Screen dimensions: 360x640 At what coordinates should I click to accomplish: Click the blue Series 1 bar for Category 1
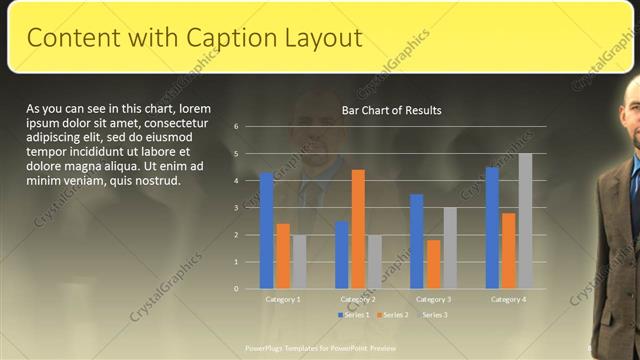(267, 230)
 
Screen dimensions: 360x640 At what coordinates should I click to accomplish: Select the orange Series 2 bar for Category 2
(358, 229)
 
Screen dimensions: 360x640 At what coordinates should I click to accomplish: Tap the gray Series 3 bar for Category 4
(525, 221)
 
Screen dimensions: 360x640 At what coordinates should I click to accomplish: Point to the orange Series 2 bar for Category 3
(433, 264)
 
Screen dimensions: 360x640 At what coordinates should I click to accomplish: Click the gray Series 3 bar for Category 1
(300, 262)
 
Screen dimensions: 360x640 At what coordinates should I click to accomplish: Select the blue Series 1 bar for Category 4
(492, 227)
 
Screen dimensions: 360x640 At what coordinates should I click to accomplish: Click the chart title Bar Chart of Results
(391, 110)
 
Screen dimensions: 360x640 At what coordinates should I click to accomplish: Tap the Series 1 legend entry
(353, 315)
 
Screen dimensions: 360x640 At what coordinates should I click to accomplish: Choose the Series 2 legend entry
(393, 315)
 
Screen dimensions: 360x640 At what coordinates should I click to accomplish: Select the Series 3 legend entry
(433, 315)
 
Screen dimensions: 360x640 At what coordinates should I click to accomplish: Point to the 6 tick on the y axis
(236, 127)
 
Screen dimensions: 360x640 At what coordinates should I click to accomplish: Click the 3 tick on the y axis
(236, 208)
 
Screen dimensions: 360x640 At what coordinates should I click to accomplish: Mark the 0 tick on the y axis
(236, 289)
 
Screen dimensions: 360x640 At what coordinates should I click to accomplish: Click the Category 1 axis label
(283, 299)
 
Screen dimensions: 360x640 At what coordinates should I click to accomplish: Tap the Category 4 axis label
(508, 299)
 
